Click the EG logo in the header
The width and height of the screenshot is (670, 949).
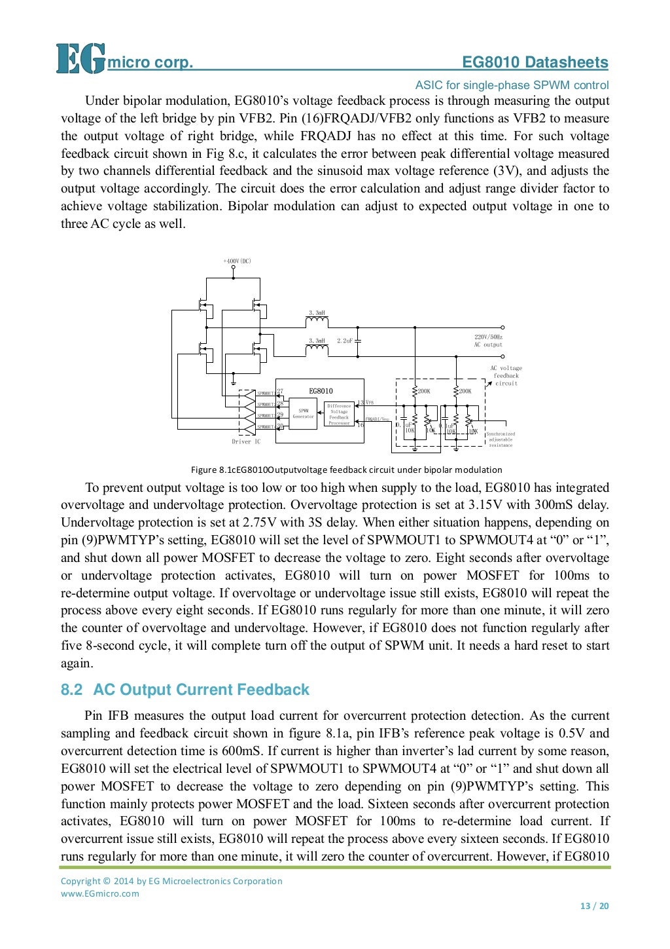click(80, 58)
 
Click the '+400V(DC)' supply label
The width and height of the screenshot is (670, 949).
click(237, 261)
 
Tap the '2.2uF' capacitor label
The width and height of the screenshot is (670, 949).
click(345, 341)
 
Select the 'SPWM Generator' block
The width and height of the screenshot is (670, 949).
click(303, 414)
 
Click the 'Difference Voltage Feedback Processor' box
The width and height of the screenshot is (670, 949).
click(339, 415)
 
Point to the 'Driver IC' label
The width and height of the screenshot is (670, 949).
click(246, 441)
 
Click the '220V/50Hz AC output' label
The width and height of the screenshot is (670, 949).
click(488, 341)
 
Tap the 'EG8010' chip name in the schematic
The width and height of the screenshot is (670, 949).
click(321, 391)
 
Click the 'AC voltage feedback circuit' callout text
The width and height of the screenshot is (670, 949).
click(506, 376)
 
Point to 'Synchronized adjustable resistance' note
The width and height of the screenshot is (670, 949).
click(501, 439)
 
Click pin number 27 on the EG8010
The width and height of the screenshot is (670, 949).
click(280, 392)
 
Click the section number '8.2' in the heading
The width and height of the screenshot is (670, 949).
click(72, 690)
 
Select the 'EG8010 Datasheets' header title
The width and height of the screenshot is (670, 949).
click(535, 62)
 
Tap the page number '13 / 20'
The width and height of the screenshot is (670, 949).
click(594, 906)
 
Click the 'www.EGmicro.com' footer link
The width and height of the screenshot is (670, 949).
click(100, 893)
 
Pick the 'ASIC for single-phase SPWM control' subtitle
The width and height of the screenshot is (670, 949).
click(512, 85)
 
